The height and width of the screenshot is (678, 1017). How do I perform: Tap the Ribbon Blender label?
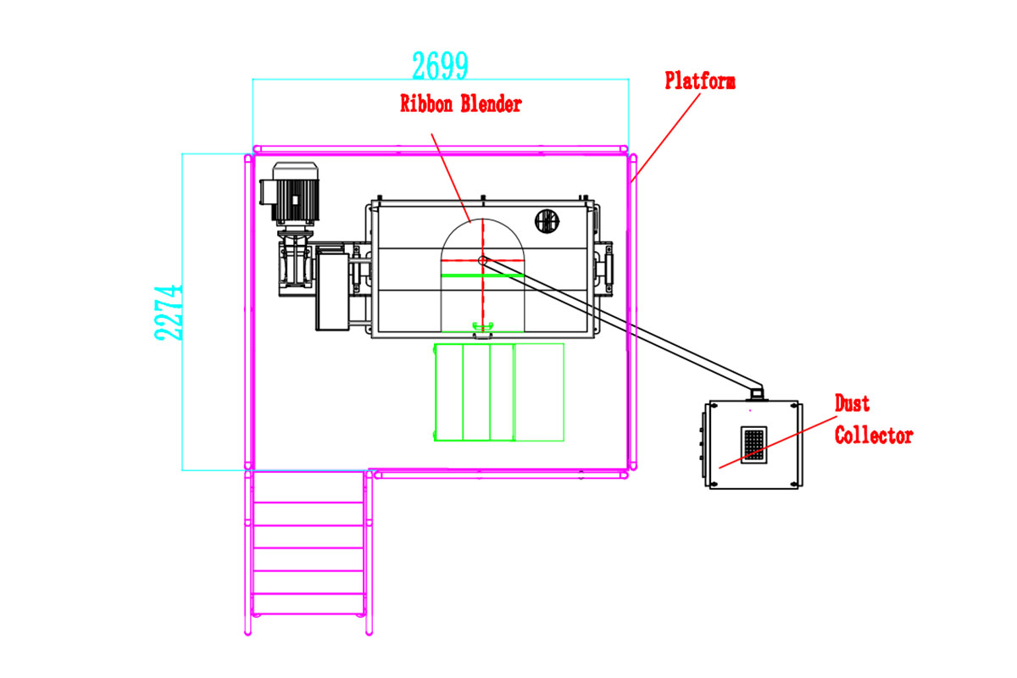pyautogui.click(x=460, y=104)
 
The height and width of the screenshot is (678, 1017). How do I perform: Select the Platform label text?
pyautogui.click(x=699, y=81)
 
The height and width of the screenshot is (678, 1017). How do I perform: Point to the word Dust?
pyautogui.click(x=852, y=403)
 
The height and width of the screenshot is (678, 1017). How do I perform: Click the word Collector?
pyautogui.click(x=873, y=436)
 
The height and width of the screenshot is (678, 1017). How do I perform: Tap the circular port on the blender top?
pyautogui.click(x=547, y=222)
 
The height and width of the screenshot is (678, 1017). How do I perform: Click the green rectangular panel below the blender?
pyautogui.click(x=498, y=392)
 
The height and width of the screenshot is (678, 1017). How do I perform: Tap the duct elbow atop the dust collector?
pyautogui.click(x=756, y=391)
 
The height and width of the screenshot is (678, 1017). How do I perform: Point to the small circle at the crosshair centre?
pyautogui.click(x=481, y=260)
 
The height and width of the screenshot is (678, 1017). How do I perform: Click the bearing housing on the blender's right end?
pyautogui.click(x=607, y=267)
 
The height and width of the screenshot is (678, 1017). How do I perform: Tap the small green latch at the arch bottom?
pyautogui.click(x=482, y=326)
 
